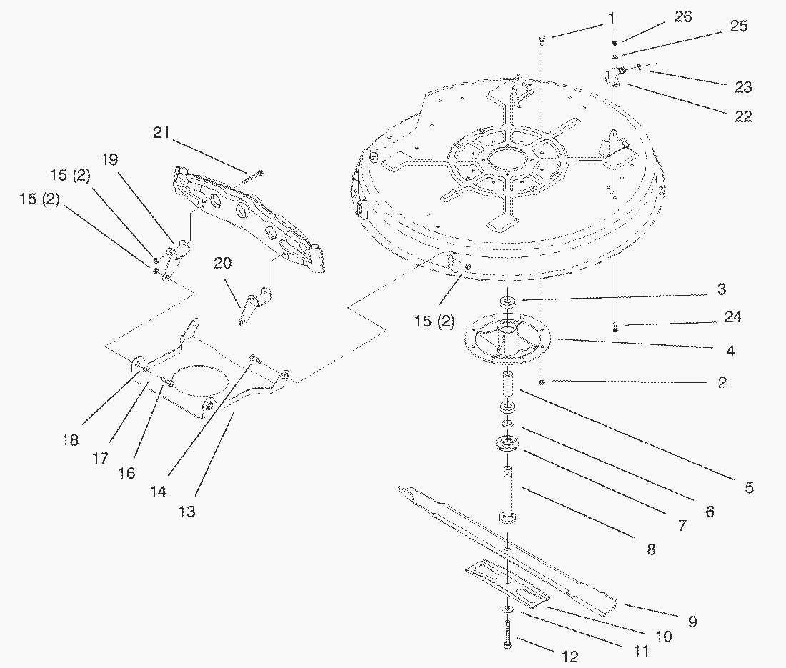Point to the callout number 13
pyautogui.click(x=188, y=511)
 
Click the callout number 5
pyautogui.click(x=749, y=488)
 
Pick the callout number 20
pyautogui.click(x=223, y=263)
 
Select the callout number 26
pyautogui.click(x=683, y=16)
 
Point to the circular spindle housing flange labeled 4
pyautogui.click(x=508, y=342)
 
